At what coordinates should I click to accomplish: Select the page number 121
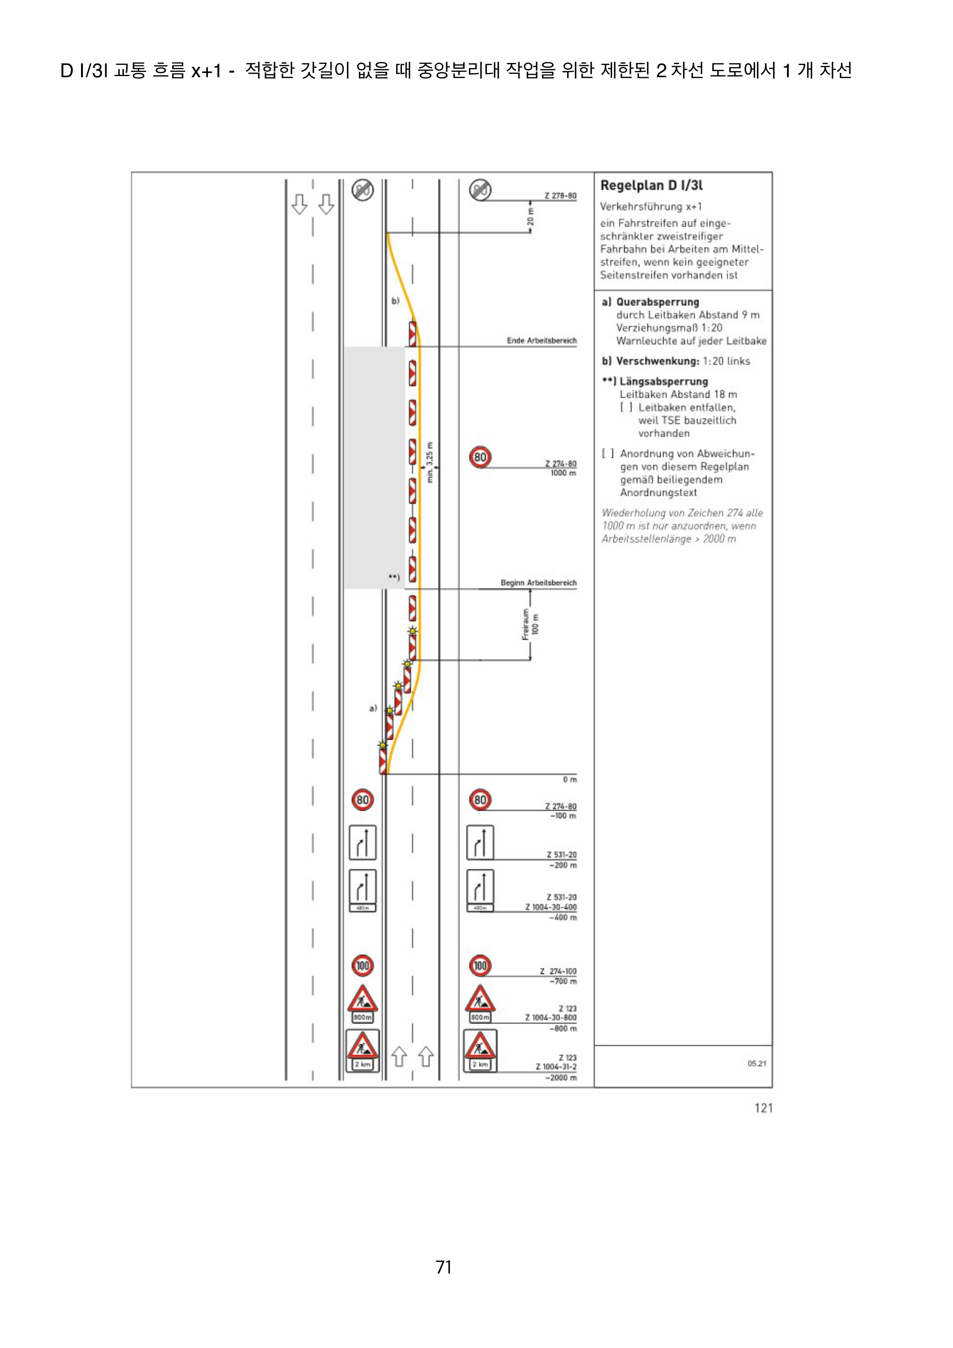(x=763, y=1108)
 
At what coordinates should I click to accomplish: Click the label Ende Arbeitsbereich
(x=541, y=340)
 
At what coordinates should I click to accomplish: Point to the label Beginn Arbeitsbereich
(x=538, y=583)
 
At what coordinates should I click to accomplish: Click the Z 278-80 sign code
(x=560, y=196)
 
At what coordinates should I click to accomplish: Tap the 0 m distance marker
(x=569, y=780)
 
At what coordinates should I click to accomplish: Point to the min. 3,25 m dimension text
(x=430, y=463)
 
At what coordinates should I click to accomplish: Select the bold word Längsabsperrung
(x=664, y=381)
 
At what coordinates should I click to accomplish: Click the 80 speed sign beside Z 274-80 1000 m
(x=480, y=457)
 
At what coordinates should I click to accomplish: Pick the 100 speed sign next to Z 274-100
(x=480, y=965)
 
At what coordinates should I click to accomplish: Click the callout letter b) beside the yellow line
(x=395, y=300)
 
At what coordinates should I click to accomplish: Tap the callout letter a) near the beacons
(x=373, y=709)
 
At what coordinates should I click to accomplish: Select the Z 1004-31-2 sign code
(x=556, y=1067)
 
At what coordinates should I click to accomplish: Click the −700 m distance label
(x=563, y=981)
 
